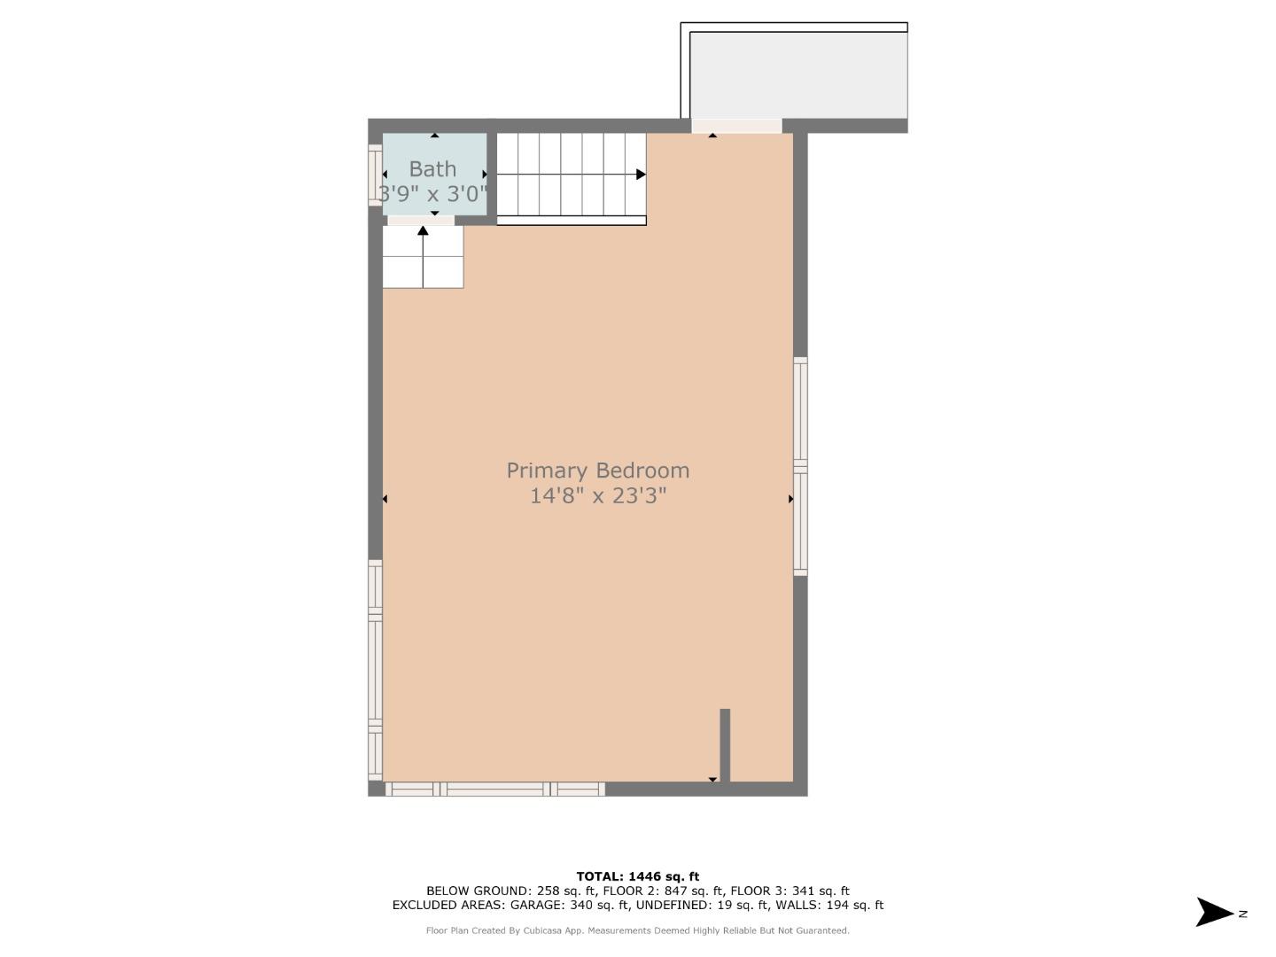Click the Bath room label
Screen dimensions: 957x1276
tap(432, 168)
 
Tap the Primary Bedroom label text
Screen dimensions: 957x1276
tap(597, 471)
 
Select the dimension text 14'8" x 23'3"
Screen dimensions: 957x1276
tap(597, 495)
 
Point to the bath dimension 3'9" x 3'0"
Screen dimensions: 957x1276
tap(433, 193)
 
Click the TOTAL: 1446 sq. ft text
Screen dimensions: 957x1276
tap(637, 876)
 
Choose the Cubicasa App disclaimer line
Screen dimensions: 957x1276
tap(637, 930)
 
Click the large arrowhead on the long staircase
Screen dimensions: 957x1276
tap(641, 175)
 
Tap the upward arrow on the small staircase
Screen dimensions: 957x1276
tap(423, 232)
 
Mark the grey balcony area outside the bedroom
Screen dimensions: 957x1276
tap(797, 75)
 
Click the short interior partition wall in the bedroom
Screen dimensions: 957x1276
tap(725, 744)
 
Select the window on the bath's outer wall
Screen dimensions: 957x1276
tap(375, 175)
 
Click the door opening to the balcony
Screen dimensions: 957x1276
tap(736, 126)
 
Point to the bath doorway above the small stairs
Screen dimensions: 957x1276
tap(421, 220)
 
